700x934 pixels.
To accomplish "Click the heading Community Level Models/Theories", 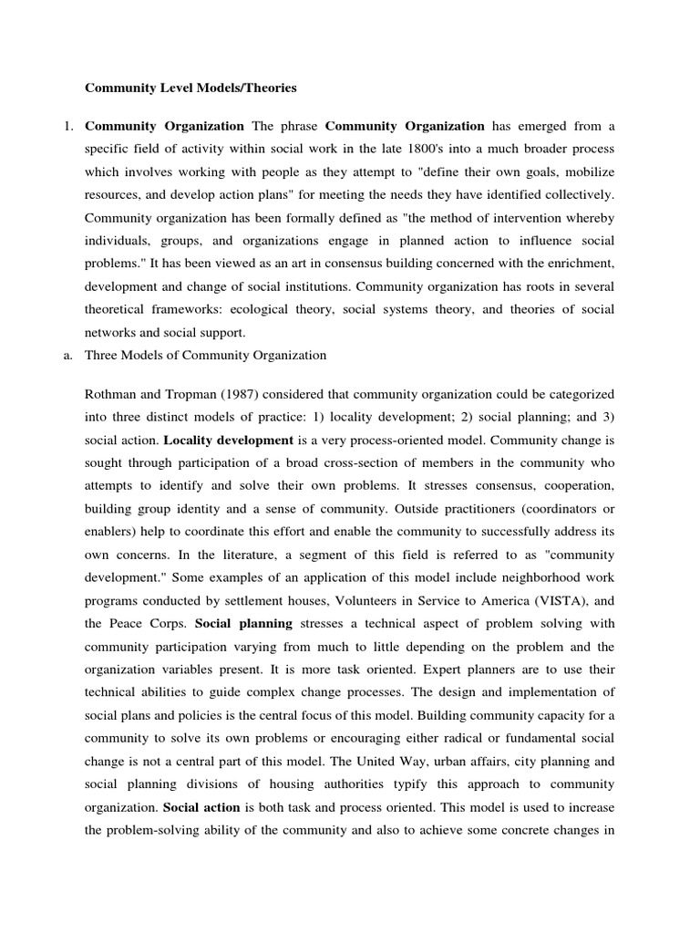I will (x=190, y=88).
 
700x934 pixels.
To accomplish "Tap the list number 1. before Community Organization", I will (x=68, y=126).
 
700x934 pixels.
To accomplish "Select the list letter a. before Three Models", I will (x=67, y=356).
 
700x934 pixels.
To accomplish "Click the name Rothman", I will (x=112, y=393).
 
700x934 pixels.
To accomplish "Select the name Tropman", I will (x=196, y=393).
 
